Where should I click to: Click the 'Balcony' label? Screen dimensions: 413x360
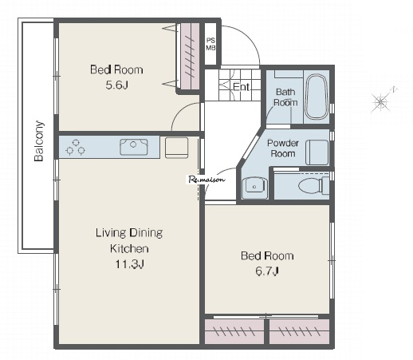pyautogui.click(x=39, y=141)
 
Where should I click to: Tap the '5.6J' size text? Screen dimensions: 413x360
pyautogui.click(x=117, y=85)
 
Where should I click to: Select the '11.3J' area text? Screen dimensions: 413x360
pyautogui.click(x=129, y=264)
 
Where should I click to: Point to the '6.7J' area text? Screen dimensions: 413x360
pyautogui.click(x=267, y=271)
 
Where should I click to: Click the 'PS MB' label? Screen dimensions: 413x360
pyautogui.click(x=210, y=44)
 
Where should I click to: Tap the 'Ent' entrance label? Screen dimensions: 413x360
pyautogui.click(x=241, y=87)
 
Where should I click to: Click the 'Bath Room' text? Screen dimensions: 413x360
pyautogui.click(x=285, y=97)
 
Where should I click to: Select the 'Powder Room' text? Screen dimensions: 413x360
pyautogui.click(x=283, y=148)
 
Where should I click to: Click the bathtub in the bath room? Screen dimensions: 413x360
pyautogui.click(x=317, y=97)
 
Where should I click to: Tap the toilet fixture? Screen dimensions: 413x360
pyautogui.click(x=313, y=185)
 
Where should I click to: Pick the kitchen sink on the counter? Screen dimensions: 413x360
pyautogui.click(x=133, y=147)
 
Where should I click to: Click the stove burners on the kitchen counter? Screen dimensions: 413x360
pyautogui.click(x=76, y=147)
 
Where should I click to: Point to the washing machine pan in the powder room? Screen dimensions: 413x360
pyautogui.click(x=317, y=152)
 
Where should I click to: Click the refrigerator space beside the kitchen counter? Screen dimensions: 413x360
pyautogui.click(x=176, y=148)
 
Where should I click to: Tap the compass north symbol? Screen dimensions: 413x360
pyautogui.click(x=382, y=101)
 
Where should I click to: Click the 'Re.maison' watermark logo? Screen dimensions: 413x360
pyautogui.click(x=206, y=180)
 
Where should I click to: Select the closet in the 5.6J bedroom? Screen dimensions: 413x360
pyautogui.click(x=190, y=57)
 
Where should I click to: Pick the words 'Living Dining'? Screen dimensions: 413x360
pyautogui.click(x=129, y=233)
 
